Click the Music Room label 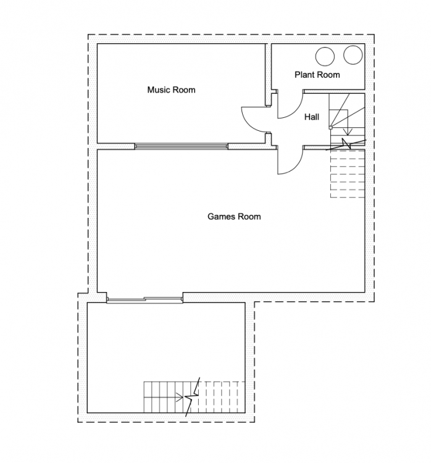click(x=171, y=90)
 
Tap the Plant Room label click(x=317, y=75)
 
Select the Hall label click(x=312, y=117)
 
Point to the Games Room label click(x=234, y=217)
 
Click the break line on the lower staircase click(x=193, y=397)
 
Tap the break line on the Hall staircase click(x=346, y=144)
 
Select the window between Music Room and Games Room click(x=182, y=146)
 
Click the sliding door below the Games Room click(x=144, y=299)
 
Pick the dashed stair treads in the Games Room click(x=348, y=174)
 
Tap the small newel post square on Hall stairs click(x=330, y=128)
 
